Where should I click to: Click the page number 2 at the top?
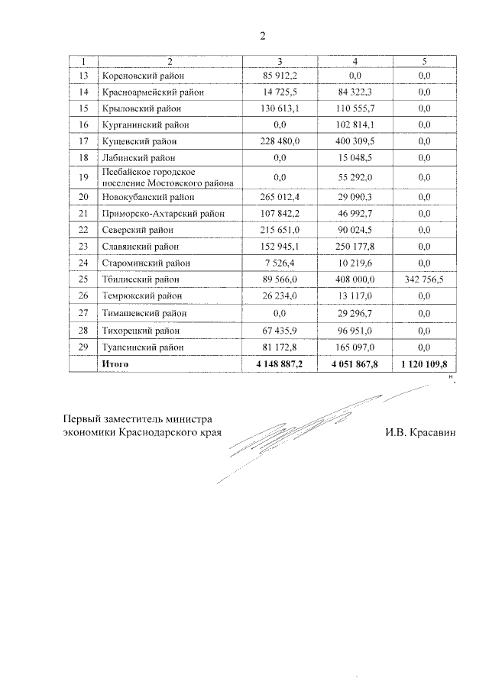click(x=262, y=36)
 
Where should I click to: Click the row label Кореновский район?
click(x=142, y=76)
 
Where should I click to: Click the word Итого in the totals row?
click(x=115, y=364)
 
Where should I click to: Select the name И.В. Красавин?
click(x=420, y=432)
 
